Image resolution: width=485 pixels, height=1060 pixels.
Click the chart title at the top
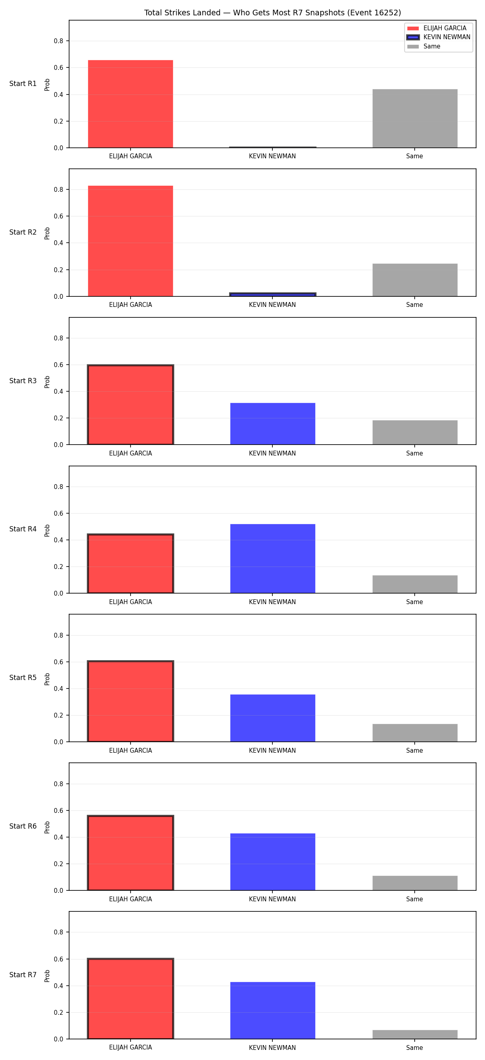(272, 13)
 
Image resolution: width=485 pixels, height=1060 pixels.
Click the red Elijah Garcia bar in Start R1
(131, 104)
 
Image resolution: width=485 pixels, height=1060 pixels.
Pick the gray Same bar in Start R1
(415, 118)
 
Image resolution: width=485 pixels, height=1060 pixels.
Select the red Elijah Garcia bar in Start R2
(131, 241)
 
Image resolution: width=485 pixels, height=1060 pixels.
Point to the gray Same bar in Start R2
(415, 280)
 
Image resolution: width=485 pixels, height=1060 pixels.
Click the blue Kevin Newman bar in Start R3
(272, 424)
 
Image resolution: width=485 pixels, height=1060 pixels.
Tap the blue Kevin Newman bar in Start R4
(272, 558)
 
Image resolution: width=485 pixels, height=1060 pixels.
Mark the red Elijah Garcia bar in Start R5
(131, 701)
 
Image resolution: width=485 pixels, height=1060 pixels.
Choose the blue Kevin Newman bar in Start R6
(272, 862)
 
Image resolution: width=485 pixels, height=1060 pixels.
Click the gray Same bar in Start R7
(415, 1035)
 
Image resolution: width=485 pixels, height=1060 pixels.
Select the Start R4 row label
(23, 529)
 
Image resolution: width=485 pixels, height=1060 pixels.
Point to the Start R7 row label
(23, 975)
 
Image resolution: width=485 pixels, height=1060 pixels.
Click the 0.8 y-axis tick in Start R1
(59, 41)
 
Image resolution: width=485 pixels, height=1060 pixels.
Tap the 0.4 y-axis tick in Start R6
(59, 838)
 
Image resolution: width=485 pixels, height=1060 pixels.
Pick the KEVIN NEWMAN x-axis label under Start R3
(272, 453)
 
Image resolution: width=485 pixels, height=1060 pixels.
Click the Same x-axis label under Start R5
(414, 751)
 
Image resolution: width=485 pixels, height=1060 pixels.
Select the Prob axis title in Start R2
(47, 233)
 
